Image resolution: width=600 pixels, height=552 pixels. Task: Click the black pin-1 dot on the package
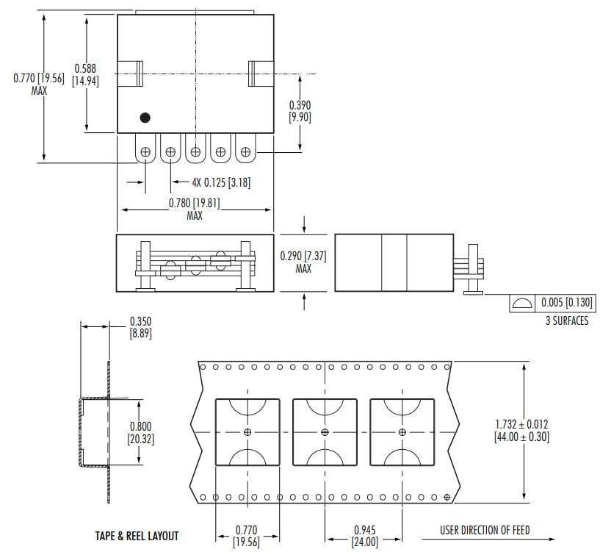[x=145, y=117]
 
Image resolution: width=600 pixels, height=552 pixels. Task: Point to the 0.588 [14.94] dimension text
[x=85, y=75]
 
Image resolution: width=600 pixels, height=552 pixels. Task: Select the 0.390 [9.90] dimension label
[x=300, y=111]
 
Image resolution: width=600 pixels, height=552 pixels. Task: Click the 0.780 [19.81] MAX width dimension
[x=195, y=209]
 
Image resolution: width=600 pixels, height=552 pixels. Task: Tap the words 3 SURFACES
[x=566, y=320]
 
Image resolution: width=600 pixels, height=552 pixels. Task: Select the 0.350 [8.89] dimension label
[x=140, y=327]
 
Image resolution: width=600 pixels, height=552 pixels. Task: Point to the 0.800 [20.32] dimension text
[x=140, y=432]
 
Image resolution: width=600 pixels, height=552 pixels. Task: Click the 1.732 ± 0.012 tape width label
[x=522, y=431]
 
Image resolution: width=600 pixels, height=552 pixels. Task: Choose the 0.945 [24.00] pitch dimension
[x=365, y=536]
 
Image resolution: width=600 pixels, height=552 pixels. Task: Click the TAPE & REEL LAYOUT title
[x=137, y=536]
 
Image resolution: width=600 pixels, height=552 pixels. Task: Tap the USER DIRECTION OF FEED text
[x=485, y=530]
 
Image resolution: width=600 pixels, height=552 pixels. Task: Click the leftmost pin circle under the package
[x=145, y=151]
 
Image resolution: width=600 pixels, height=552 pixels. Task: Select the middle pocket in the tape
[x=325, y=432]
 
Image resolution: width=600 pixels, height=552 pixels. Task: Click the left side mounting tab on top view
[x=131, y=74]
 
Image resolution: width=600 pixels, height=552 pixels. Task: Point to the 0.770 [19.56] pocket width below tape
[x=247, y=536]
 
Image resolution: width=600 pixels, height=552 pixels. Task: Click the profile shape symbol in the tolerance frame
[x=522, y=304]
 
